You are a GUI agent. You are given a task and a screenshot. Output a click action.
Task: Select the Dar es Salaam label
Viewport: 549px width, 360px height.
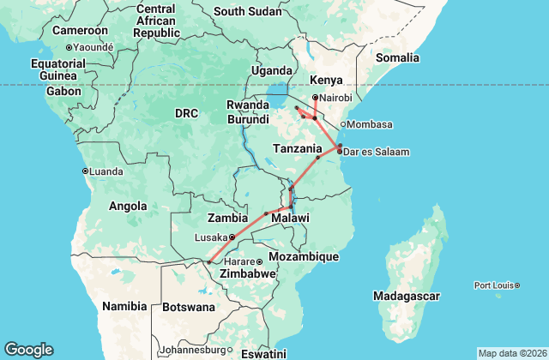[x=377, y=153]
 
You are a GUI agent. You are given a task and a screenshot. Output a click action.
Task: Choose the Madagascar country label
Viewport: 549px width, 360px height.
[x=407, y=297]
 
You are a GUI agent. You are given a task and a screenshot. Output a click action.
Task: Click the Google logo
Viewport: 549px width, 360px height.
[x=28, y=350]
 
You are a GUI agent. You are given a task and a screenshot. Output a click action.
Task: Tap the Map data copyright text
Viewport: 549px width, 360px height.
[x=511, y=353]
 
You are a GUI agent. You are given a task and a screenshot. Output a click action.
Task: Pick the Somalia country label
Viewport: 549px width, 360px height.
[x=396, y=57]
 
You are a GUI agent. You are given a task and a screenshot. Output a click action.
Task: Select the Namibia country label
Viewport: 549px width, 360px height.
[x=125, y=306]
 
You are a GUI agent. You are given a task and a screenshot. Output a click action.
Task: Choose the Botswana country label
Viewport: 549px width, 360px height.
[x=189, y=307]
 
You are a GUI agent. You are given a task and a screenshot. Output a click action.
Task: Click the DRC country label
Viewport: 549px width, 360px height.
[x=186, y=113]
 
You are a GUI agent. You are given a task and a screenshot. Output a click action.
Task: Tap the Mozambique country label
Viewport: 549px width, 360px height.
[x=303, y=256]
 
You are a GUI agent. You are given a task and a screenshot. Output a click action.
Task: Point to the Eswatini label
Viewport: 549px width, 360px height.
[x=262, y=354]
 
